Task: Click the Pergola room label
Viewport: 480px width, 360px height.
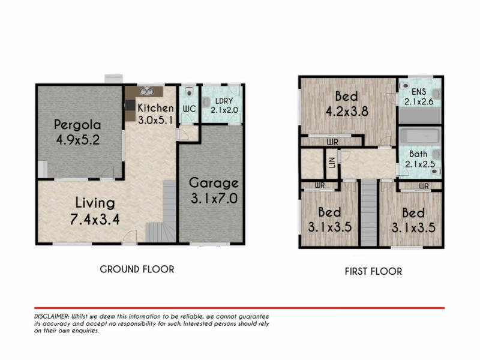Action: tap(77, 125)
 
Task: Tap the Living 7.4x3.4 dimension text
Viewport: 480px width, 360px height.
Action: tap(95, 219)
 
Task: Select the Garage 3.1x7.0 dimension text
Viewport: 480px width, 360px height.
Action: tap(214, 199)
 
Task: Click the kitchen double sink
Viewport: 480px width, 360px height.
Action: tap(146, 91)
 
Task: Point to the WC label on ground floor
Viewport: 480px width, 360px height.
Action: tap(190, 109)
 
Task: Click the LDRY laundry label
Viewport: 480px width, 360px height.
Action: tap(224, 101)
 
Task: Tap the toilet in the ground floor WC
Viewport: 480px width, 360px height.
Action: tap(190, 91)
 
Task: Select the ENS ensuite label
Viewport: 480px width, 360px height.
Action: tap(418, 92)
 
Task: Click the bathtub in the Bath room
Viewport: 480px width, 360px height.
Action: tap(419, 136)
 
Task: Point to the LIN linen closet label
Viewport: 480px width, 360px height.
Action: tap(332, 162)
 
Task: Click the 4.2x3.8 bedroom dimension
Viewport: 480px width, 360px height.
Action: tap(347, 111)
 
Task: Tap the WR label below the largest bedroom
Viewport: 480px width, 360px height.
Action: tap(332, 142)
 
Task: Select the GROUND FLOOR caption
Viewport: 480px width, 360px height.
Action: tap(137, 269)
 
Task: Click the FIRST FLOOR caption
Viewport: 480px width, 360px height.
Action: tap(373, 272)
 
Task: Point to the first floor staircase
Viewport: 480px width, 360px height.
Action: tap(368, 213)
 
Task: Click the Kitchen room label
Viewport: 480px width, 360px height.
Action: tap(155, 108)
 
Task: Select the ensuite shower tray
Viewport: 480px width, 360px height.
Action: tap(419, 117)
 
